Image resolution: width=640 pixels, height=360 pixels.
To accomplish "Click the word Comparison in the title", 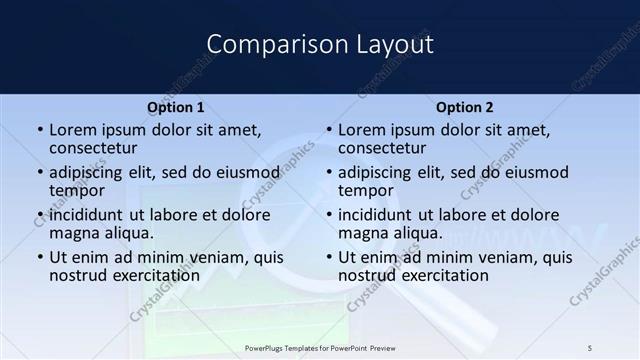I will point(267,44).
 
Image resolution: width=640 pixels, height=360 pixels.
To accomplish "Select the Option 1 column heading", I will point(175,107).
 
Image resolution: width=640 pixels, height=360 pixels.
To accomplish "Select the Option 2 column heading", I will point(464,107).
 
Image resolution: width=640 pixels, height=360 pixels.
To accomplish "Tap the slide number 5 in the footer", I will point(590,348).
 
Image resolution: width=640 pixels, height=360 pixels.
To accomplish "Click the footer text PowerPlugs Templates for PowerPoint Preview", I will point(320,348).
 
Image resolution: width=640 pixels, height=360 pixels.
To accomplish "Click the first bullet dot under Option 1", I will point(39,130).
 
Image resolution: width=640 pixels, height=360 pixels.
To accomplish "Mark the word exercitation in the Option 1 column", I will point(145,275).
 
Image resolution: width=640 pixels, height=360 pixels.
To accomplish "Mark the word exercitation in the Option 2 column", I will point(434,275).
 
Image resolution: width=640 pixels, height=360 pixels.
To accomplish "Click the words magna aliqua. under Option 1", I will point(101,232).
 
